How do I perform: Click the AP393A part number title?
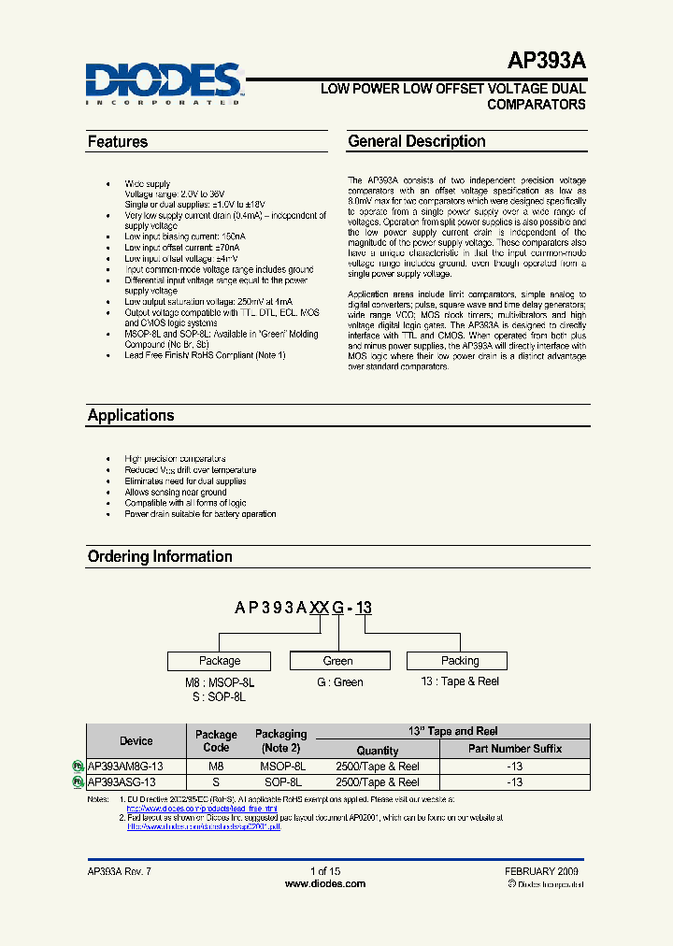click(x=547, y=62)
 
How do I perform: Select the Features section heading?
click(x=118, y=142)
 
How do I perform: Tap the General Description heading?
click(x=417, y=142)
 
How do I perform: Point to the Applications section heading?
click(x=131, y=415)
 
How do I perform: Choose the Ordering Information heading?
click(x=160, y=556)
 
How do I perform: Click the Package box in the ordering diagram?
click(x=220, y=661)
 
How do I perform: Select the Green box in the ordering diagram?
click(x=338, y=661)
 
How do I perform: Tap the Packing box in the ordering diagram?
click(x=460, y=661)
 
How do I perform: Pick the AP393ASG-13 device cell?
click(x=122, y=782)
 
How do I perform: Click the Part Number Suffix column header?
click(x=515, y=749)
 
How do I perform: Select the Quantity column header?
click(x=378, y=750)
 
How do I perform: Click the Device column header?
click(x=136, y=740)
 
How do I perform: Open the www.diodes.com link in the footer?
click(x=324, y=883)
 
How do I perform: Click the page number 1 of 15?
click(x=324, y=871)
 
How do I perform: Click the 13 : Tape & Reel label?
click(x=460, y=681)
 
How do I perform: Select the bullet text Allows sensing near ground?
click(x=176, y=492)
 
